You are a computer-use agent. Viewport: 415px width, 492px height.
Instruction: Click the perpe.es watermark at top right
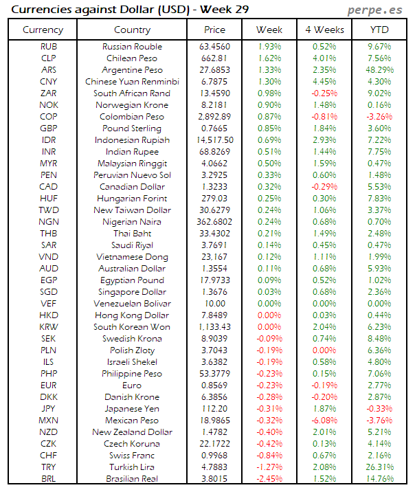(x=376, y=10)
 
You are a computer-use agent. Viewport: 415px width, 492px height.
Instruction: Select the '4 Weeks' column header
(x=324, y=30)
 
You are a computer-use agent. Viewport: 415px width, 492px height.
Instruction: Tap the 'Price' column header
(x=214, y=30)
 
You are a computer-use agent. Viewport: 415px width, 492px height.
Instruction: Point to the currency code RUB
(x=49, y=47)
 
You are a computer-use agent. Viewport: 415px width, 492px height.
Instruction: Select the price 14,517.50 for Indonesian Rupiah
(x=214, y=140)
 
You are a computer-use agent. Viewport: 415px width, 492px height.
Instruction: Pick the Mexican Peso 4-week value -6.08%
(x=324, y=421)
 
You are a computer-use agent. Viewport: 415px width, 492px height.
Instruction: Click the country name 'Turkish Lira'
(x=132, y=467)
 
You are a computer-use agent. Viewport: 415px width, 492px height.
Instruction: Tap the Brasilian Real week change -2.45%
(x=269, y=479)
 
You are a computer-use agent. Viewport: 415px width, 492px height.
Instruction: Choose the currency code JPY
(x=49, y=409)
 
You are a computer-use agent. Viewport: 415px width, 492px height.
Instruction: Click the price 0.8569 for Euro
(x=214, y=385)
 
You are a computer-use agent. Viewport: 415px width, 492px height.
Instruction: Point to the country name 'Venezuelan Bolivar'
(x=132, y=304)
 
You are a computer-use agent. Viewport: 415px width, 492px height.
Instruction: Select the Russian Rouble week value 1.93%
(x=269, y=47)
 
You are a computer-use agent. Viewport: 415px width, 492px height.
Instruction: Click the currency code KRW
(x=49, y=327)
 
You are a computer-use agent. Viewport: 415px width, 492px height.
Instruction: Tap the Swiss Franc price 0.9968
(x=214, y=456)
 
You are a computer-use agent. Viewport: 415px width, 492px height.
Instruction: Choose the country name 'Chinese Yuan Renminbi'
(x=132, y=82)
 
